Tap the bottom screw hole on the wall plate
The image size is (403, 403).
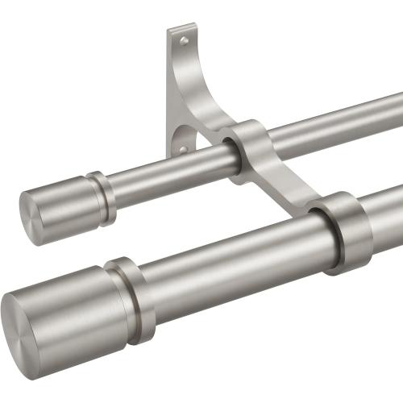(183, 148)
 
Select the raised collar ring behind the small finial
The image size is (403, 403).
(102, 198)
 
